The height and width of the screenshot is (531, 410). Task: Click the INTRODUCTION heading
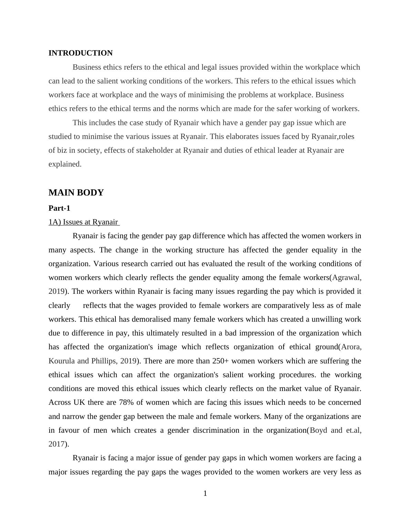click(80, 53)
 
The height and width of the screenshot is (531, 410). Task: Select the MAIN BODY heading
click(76, 193)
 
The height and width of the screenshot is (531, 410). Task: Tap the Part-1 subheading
click(59, 208)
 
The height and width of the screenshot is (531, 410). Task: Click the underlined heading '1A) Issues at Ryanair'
click(83, 222)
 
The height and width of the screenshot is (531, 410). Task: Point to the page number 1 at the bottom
click(205, 493)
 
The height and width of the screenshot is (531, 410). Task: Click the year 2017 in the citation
click(57, 444)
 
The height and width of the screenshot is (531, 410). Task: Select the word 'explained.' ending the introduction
click(65, 164)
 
